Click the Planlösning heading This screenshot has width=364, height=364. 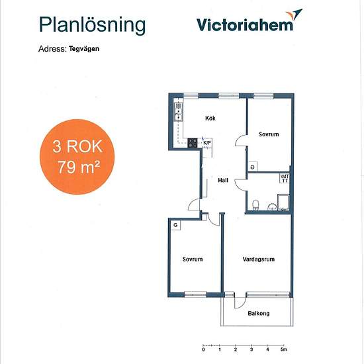[92, 26]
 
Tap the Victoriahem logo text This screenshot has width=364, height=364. [245, 25]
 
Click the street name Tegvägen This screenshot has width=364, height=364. [84, 49]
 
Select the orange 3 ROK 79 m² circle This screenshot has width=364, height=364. [77, 157]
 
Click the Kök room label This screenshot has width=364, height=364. [210, 118]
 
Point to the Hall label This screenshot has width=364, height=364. [223, 180]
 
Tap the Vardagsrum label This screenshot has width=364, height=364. [259, 259]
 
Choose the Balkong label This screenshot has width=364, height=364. [259, 314]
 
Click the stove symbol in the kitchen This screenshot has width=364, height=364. [193, 143]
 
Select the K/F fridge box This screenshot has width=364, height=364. [207, 143]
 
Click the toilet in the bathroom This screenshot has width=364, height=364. [255, 205]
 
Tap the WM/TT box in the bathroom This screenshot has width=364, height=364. [285, 178]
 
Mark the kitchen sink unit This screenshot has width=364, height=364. [179, 112]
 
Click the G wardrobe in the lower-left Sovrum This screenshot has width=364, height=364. [175, 225]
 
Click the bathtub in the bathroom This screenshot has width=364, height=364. [283, 203]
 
